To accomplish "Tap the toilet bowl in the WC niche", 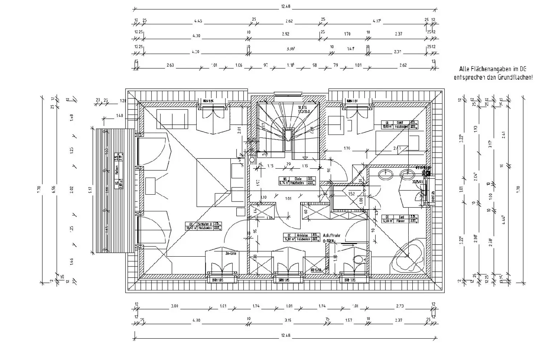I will pyautogui.click(x=358, y=259).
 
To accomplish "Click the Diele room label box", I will pyautogui.click(x=297, y=181).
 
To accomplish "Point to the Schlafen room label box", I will pyautogui.click(x=203, y=226).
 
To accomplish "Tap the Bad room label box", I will pyautogui.click(x=399, y=219).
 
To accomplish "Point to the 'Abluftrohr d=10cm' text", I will pyautogui.click(x=334, y=237).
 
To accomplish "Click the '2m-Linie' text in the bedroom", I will pyautogui.click(x=231, y=254).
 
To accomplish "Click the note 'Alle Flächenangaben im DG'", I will pyautogui.click(x=493, y=69).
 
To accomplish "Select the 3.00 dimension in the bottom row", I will pyautogui.click(x=174, y=306).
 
